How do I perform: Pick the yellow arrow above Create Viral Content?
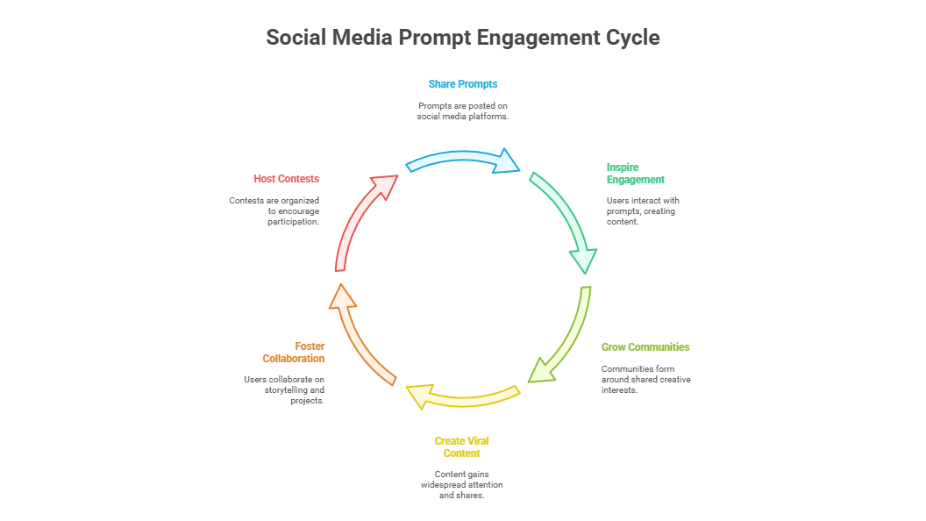[x=462, y=400]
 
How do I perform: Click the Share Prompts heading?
[x=463, y=84]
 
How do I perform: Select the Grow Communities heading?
[x=645, y=346]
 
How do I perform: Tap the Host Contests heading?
[x=287, y=178]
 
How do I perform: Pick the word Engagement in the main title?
[x=538, y=38]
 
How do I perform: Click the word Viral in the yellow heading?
[x=477, y=440]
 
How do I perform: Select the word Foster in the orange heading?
[x=310, y=346]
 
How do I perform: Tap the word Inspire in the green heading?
[x=623, y=168]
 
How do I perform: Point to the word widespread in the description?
[x=443, y=484]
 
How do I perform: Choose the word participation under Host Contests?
[x=294, y=222]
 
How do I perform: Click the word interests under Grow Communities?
[x=619, y=389]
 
